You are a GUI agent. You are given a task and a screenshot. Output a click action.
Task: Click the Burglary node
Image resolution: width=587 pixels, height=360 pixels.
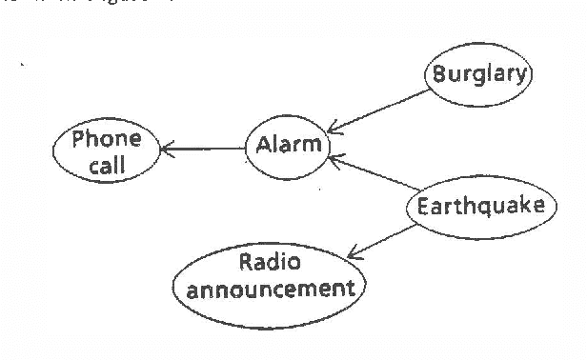pyautogui.click(x=477, y=73)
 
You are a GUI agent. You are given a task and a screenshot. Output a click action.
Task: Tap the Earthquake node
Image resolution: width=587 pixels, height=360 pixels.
pyautogui.click(x=480, y=206)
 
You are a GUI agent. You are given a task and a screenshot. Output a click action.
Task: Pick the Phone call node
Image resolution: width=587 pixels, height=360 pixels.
pyautogui.click(x=107, y=152)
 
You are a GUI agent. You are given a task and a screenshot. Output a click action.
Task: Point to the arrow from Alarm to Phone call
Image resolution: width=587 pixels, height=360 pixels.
pyautogui.click(x=204, y=148)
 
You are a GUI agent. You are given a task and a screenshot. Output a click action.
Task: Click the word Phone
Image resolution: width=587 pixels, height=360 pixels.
pyautogui.click(x=107, y=140)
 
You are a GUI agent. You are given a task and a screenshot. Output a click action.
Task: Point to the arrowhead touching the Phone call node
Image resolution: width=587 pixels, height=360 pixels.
pyautogui.click(x=166, y=148)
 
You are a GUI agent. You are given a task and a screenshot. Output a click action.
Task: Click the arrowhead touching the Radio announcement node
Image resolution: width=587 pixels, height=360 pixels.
pyautogui.click(x=353, y=253)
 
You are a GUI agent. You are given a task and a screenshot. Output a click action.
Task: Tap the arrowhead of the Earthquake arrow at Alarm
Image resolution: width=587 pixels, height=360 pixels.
pyautogui.click(x=333, y=162)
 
